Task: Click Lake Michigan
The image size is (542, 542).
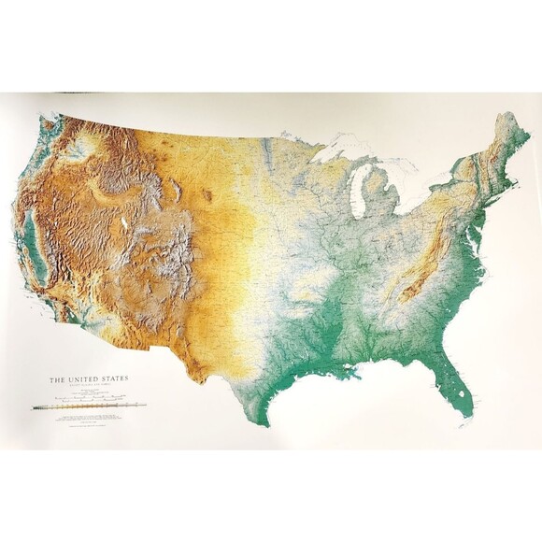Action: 359,191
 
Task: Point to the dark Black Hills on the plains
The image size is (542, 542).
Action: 206,196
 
